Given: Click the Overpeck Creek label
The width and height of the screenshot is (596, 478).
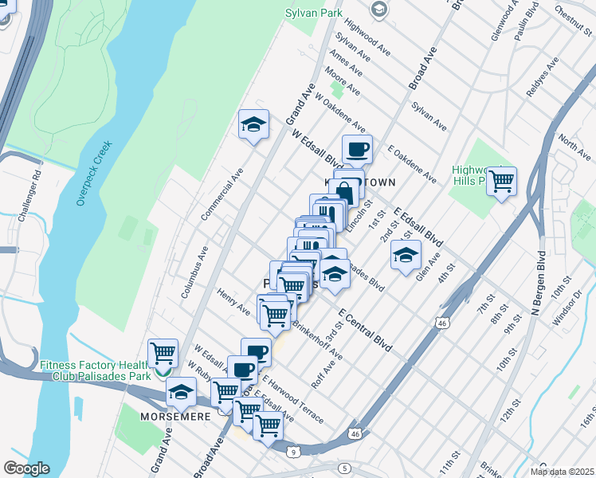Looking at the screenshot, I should (95, 174).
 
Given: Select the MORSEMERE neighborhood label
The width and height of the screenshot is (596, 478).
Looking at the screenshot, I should (175, 417).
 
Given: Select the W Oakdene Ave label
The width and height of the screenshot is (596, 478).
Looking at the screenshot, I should (340, 113).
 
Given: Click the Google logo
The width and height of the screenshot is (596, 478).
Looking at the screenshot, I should (26, 468).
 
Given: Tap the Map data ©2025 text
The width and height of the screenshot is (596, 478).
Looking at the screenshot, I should (563, 471).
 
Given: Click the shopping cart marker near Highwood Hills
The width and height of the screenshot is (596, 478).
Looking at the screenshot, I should (501, 182).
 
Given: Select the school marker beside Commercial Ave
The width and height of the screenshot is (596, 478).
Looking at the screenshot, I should (253, 125).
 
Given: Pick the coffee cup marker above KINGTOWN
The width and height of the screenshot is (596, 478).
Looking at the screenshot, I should (357, 149).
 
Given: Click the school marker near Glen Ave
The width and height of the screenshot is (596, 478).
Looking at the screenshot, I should (406, 256).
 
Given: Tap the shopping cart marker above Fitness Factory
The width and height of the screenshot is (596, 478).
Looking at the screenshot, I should (163, 351).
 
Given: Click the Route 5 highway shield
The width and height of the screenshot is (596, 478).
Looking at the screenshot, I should (344, 468).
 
